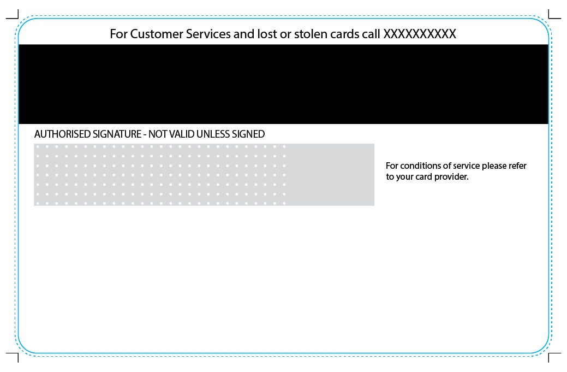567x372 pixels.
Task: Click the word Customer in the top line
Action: coord(157,34)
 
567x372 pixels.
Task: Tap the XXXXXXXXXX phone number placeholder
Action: coord(420,34)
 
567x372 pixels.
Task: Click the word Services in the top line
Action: coord(208,34)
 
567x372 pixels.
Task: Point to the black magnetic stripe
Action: coord(284,84)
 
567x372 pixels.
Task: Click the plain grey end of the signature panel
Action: coord(331,175)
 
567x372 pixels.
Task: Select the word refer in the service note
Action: coord(517,166)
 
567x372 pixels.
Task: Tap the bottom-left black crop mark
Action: coord(14,356)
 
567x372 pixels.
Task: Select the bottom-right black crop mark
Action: coord(553,356)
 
